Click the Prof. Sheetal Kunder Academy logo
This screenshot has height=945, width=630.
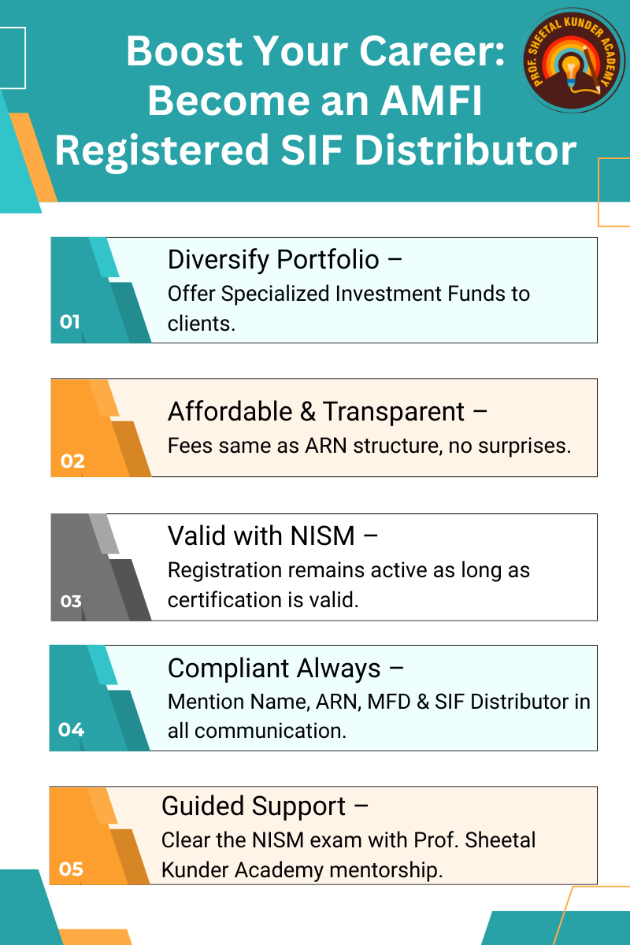tap(573, 61)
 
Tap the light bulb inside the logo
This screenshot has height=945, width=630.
tap(571, 69)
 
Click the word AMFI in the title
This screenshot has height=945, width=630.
tap(432, 101)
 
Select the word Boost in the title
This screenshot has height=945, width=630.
tap(184, 51)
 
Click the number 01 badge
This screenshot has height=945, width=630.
tap(69, 322)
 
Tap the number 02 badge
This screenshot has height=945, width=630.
tap(72, 461)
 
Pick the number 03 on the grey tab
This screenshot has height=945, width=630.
tap(70, 601)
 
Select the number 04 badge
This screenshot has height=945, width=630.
tap(71, 729)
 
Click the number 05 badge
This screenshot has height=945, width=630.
tap(71, 869)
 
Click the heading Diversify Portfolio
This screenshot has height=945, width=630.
tap(273, 260)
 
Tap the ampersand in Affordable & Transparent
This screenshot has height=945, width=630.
tap(307, 412)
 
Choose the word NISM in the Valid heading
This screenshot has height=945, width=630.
tap(323, 536)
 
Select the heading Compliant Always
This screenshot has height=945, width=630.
tap(274, 669)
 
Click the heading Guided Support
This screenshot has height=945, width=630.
tap(254, 806)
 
